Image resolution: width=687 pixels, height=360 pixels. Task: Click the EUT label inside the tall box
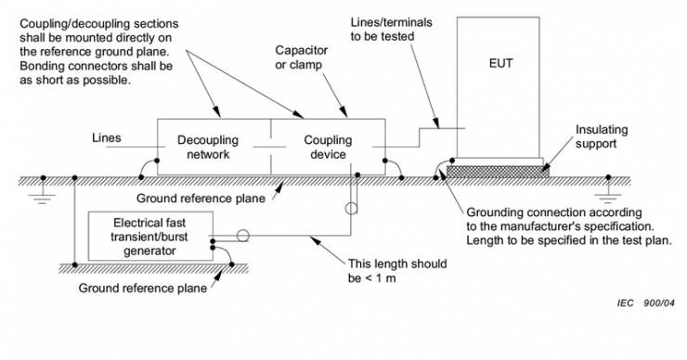tap(500, 63)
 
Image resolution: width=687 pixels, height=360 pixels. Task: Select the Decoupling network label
tap(208, 148)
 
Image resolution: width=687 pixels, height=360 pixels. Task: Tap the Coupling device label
tap(328, 148)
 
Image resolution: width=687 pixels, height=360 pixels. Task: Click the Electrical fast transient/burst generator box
tap(150, 237)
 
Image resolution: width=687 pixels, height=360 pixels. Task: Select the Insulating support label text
tap(602, 136)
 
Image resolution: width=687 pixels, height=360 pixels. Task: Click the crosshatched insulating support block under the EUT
tap(499, 172)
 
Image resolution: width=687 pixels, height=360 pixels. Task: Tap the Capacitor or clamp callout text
tap(301, 58)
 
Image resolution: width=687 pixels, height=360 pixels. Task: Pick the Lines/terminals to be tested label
tap(391, 30)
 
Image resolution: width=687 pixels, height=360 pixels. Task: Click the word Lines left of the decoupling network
tap(107, 138)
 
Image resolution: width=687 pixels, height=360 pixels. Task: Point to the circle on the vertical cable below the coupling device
tap(351, 209)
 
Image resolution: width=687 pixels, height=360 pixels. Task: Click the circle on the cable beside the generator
tap(242, 236)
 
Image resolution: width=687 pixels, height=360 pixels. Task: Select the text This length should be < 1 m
tap(397, 271)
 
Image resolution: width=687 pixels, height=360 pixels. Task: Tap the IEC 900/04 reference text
tap(646, 302)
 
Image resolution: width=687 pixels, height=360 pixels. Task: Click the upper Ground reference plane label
tap(201, 199)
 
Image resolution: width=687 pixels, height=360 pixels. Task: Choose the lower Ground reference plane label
tap(143, 289)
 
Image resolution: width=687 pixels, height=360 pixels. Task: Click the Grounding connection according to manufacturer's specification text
tap(569, 226)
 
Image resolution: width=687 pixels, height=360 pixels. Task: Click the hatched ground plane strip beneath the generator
tap(153, 268)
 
